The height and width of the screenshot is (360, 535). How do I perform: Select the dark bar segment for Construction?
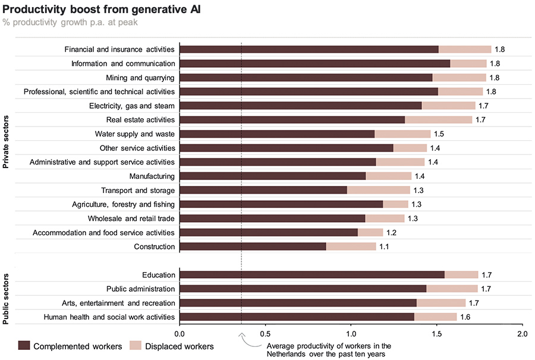(x=253, y=247)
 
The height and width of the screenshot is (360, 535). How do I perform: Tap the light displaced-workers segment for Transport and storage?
(x=378, y=190)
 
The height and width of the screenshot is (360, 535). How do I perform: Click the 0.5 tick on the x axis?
(x=265, y=334)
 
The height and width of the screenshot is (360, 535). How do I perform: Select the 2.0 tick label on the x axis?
(x=521, y=334)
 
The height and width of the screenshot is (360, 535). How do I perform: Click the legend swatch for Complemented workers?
(x=24, y=346)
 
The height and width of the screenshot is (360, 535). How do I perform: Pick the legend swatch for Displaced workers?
(x=135, y=346)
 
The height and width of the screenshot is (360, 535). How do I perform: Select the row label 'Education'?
(x=159, y=275)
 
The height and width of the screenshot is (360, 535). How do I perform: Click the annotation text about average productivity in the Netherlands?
(x=328, y=349)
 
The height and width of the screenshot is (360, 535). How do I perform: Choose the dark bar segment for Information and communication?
(x=314, y=64)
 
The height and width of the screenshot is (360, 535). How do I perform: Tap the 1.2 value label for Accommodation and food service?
(x=408, y=232)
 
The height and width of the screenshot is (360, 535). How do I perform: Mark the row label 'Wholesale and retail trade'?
(x=131, y=218)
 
